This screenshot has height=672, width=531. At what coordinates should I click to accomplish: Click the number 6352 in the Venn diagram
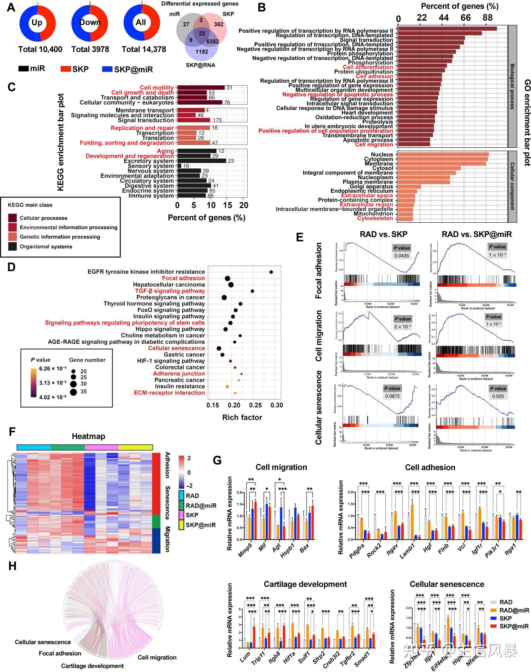tap(213, 41)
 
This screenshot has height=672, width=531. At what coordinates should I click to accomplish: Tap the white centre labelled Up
tap(37, 23)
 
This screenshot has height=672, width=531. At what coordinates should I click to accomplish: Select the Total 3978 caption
tap(90, 49)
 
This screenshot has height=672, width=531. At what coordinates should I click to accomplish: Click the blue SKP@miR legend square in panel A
tap(107, 69)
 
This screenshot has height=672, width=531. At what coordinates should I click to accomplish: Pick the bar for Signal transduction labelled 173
tap(193, 120)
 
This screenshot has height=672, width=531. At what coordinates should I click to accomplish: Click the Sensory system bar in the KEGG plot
tap(179, 166)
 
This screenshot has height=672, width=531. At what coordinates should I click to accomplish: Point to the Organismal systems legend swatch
tap(13, 246)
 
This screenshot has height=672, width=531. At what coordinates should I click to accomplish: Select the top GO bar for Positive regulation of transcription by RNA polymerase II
tap(447, 29)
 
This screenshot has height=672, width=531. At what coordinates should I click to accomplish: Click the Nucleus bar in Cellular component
tap(443, 154)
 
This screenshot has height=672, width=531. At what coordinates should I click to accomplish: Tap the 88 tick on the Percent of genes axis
tap(487, 18)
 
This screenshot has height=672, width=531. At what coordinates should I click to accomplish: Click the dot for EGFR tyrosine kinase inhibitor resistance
tap(271, 272)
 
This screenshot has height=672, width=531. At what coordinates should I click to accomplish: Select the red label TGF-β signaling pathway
tap(170, 291)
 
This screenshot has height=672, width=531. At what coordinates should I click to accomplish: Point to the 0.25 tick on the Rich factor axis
tap(255, 405)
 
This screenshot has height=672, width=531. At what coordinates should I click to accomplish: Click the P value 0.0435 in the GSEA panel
tap(402, 256)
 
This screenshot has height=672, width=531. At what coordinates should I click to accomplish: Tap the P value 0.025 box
tap(498, 396)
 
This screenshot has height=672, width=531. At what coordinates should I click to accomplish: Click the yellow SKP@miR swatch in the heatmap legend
tap(181, 525)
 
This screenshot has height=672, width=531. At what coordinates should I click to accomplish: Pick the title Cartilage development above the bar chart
tap(305, 584)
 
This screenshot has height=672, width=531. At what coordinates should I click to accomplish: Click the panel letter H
tap(13, 566)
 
